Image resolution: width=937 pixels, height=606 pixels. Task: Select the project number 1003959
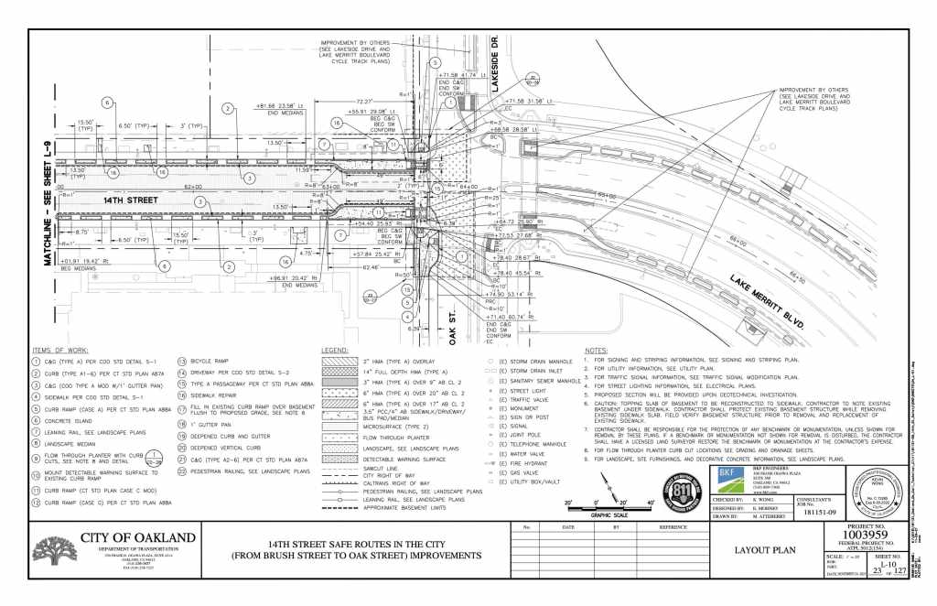click(x=855, y=535)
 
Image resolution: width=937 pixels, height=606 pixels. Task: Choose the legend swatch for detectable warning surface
click(x=340, y=460)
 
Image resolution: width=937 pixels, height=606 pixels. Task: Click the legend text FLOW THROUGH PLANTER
click(x=400, y=438)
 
